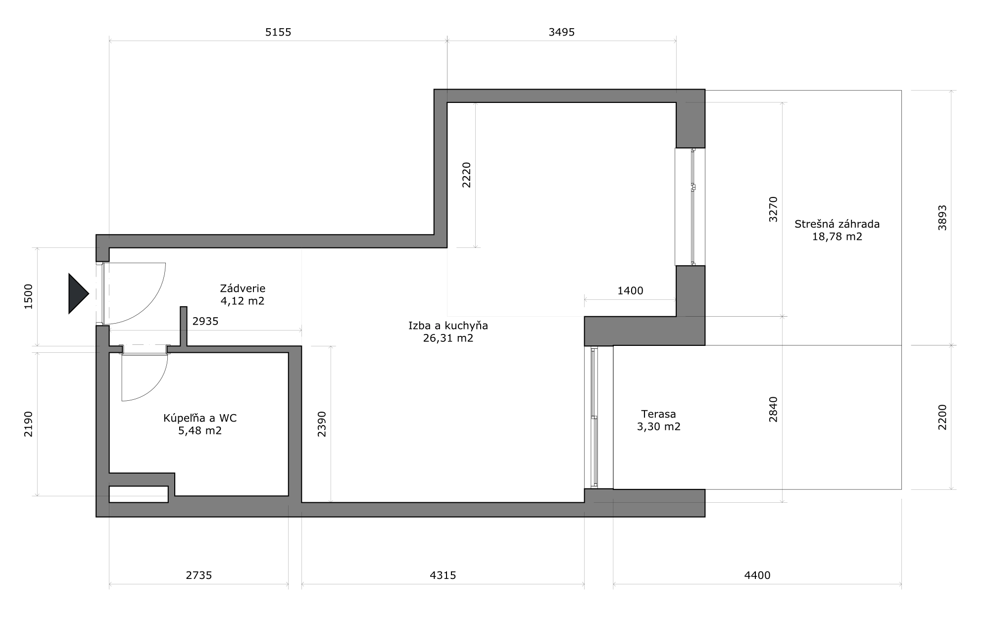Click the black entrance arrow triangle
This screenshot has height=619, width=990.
click(77, 293)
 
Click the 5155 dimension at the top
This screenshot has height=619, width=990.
click(278, 33)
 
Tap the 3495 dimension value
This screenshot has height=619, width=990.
click(562, 33)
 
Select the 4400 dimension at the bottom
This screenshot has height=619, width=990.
click(757, 575)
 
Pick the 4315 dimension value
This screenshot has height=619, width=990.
click(443, 575)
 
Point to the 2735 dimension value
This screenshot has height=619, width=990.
click(199, 575)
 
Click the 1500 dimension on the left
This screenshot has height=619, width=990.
click(28, 296)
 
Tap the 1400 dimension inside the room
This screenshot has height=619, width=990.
click(630, 291)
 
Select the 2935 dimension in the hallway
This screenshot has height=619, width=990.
click(205, 322)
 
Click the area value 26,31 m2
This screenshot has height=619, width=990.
click(448, 338)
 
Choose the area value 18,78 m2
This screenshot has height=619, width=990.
click(837, 237)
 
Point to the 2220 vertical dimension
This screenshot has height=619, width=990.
click(466, 175)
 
